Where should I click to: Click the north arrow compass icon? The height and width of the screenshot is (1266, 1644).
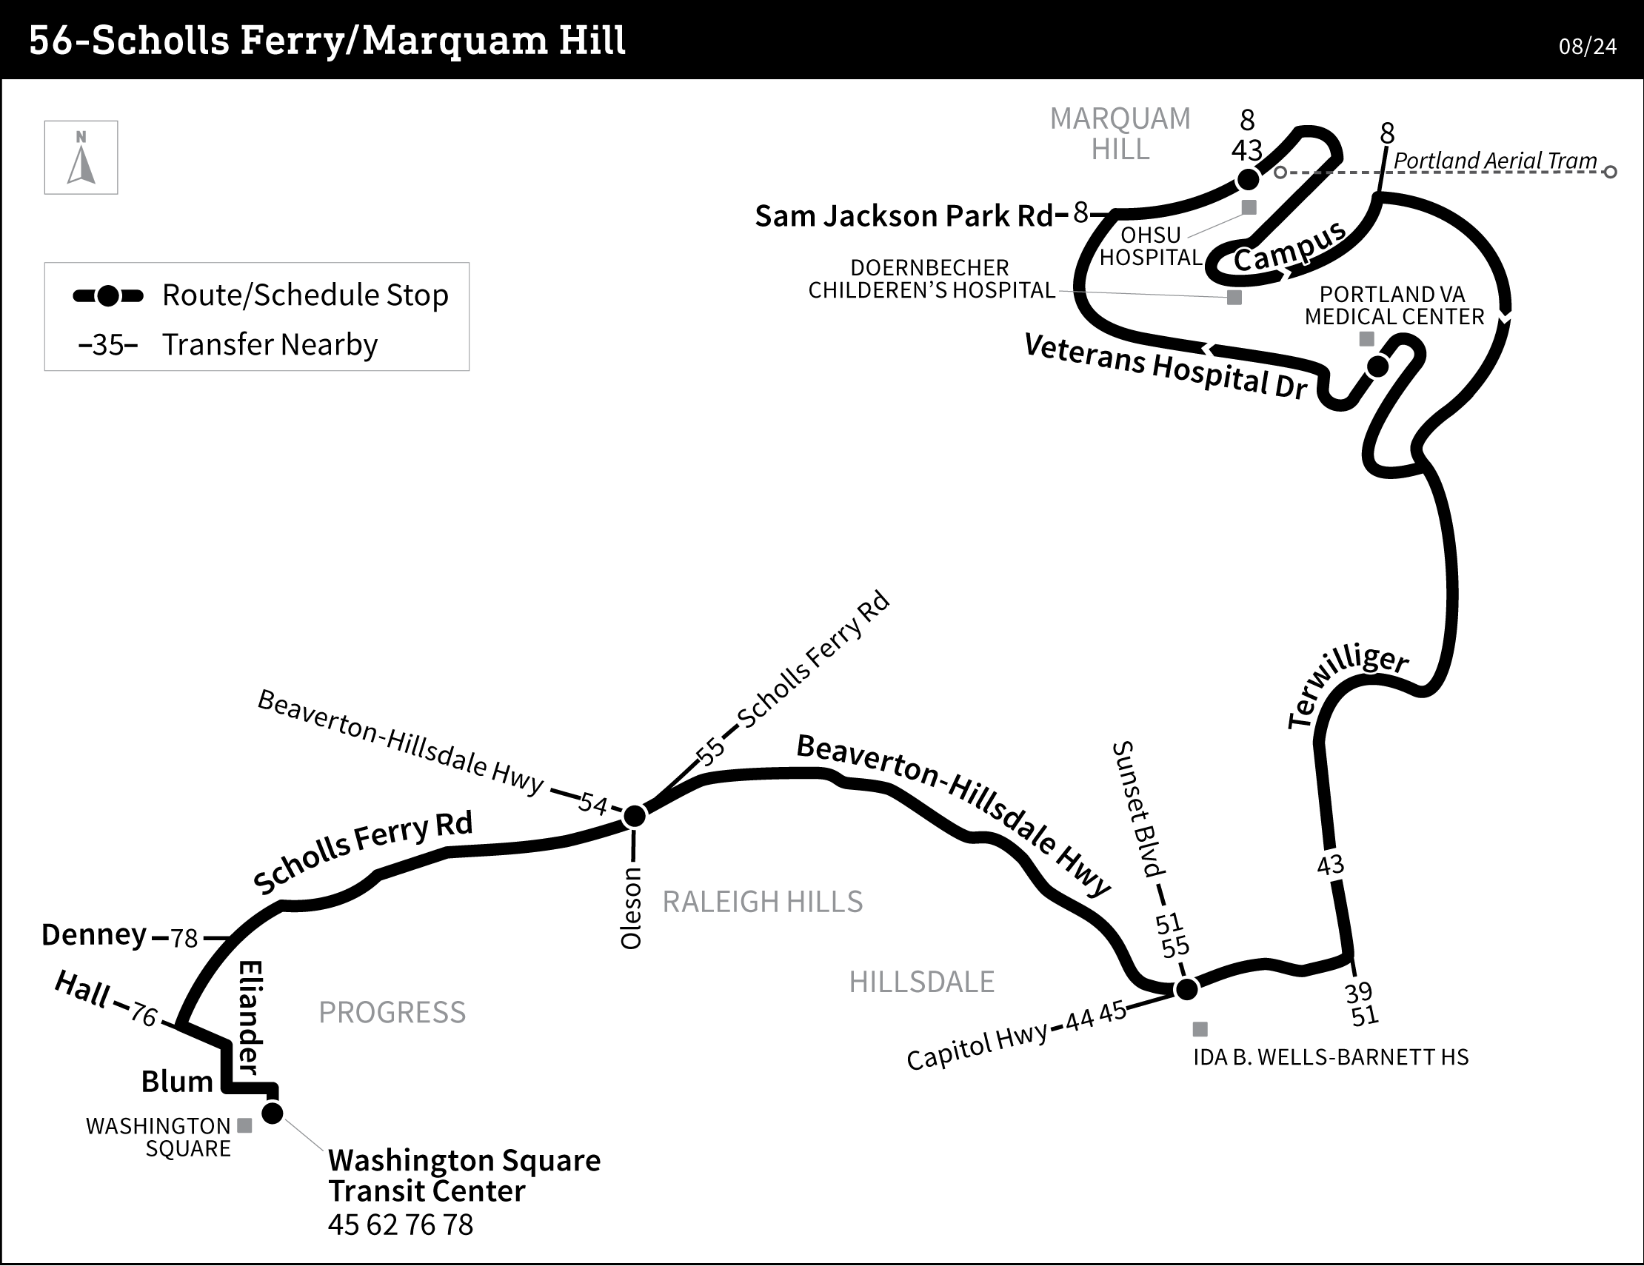(x=81, y=158)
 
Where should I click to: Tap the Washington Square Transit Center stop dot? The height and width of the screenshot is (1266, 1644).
(x=273, y=1113)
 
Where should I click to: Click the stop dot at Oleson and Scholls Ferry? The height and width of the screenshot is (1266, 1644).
(x=635, y=816)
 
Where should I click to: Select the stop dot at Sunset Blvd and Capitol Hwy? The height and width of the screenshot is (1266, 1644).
(x=1186, y=989)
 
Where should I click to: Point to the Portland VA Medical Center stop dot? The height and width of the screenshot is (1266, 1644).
(x=1377, y=366)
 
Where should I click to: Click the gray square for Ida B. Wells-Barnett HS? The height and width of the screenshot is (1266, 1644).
(x=1200, y=1029)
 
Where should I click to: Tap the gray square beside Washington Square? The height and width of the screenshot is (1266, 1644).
(x=244, y=1126)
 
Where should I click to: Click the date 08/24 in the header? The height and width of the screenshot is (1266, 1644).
(x=1588, y=47)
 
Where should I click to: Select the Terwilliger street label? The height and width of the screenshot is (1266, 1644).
(x=1348, y=686)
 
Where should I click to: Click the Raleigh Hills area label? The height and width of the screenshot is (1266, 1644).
(x=763, y=902)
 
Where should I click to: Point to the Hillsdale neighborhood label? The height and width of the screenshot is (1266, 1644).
(x=921, y=982)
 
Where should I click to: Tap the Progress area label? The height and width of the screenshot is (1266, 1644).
(x=392, y=1012)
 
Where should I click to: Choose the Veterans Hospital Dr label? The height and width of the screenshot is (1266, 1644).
(x=1166, y=366)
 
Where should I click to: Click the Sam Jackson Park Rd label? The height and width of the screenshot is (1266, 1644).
(x=904, y=216)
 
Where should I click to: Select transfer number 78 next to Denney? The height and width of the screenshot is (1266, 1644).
(x=184, y=939)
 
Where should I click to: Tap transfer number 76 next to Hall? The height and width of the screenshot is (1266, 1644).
(x=144, y=1015)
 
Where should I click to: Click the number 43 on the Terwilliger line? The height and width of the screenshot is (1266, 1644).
(x=1330, y=865)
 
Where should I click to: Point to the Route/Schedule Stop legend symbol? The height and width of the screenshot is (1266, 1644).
(x=108, y=296)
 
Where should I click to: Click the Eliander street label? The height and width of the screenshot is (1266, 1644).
(x=250, y=1018)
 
